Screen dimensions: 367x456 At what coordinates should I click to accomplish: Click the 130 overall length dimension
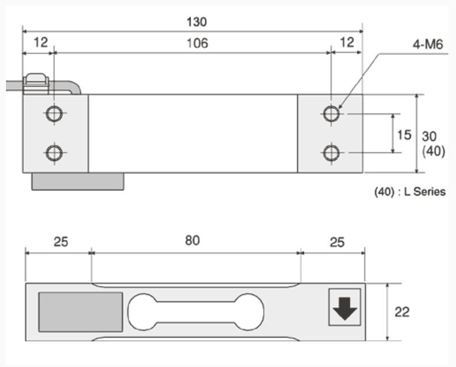coord(197,22)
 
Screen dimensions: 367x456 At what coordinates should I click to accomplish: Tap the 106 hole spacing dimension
coord(196,43)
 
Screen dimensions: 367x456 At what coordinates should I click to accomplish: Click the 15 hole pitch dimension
coord(403,135)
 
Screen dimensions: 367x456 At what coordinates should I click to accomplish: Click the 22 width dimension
coord(402,312)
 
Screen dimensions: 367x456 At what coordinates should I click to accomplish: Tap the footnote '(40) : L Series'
coord(410,192)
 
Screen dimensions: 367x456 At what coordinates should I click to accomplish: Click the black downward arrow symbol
coord(345,308)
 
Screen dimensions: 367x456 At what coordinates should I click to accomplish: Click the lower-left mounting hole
coord(54,153)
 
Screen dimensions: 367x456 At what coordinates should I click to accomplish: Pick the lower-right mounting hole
coord(332,153)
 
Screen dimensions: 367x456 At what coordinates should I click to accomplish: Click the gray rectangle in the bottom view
coord(81,311)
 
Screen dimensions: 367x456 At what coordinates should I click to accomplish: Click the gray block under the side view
coord(78,181)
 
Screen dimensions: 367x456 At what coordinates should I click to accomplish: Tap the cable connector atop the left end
coord(37,83)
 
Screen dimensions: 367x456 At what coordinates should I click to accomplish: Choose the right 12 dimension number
coord(347,43)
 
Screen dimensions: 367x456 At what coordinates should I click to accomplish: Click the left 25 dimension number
coord(61,242)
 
